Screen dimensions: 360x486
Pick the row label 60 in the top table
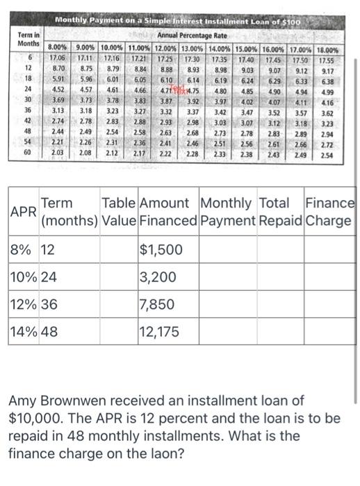[x=28, y=151]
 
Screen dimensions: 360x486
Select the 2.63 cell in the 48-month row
[x=167, y=131]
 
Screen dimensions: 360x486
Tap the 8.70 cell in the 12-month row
[x=60, y=69]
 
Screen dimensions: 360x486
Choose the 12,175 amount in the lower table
[x=161, y=331]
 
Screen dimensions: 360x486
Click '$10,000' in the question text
[x=39, y=419]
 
